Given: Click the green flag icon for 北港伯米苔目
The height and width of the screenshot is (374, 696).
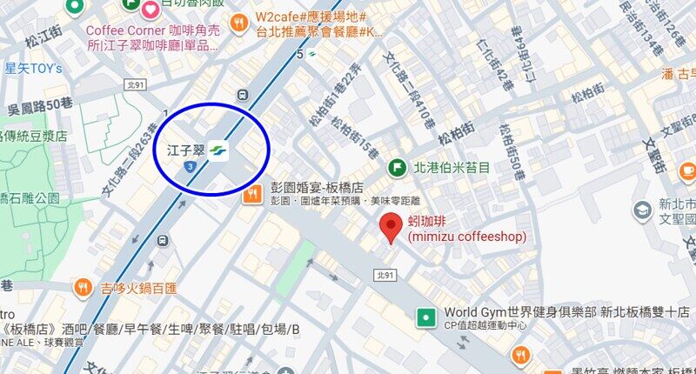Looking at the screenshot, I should (398, 166).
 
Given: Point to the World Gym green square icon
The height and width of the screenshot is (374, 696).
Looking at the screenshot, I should (426, 317).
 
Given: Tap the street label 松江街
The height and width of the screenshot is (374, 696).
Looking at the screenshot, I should (41, 38).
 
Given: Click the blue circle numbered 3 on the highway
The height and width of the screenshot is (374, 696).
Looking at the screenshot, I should (189, 165).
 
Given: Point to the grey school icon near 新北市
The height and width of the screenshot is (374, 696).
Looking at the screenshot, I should (643, 209).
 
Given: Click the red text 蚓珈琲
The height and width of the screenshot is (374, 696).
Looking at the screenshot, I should (429, 221).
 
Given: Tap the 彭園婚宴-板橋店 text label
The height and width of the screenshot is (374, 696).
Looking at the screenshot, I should (317, 189).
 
